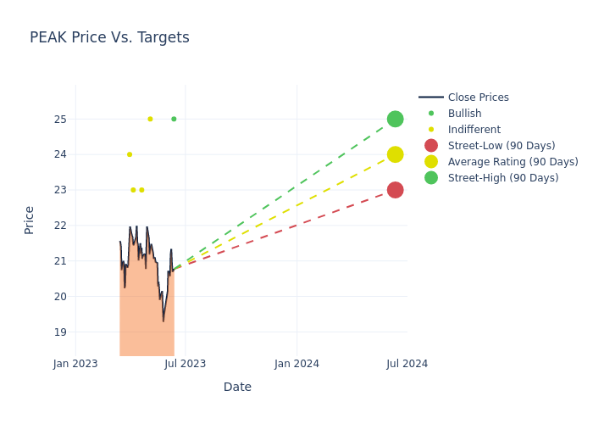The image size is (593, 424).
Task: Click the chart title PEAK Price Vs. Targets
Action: pyautogui.click(x=109, y=38)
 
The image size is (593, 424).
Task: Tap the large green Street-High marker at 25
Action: pyautogui.click(x=395, y=119)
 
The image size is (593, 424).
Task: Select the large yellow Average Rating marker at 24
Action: pyautogui.click(x=395, y=154)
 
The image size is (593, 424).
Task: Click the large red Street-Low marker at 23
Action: pyautogui.click(x=395, y=190)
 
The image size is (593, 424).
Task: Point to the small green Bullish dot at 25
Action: pyautogui.click(x=174, y=119)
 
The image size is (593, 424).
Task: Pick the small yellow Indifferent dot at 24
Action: pyautogui.click(x=130, y=154)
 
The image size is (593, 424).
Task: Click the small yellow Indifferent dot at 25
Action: pyautogui.click(x=150, y=119)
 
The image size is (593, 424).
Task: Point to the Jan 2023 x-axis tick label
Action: pyautogui.click(x=75, y=364)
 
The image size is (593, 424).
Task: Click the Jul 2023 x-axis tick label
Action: pyautogui.click(x=186, y=364)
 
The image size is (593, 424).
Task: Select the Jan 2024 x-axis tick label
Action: pyautogui.click(x=297, y=364)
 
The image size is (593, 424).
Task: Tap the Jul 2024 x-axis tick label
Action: pyautogui.click(x=407, y=364)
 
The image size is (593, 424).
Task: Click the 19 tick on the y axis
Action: pyautogui.click(x=60, y=332)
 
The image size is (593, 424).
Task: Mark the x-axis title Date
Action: pyautogui.click(x=237, y=388)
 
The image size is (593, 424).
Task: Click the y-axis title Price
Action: pyautogui.click(x=30, y=220)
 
